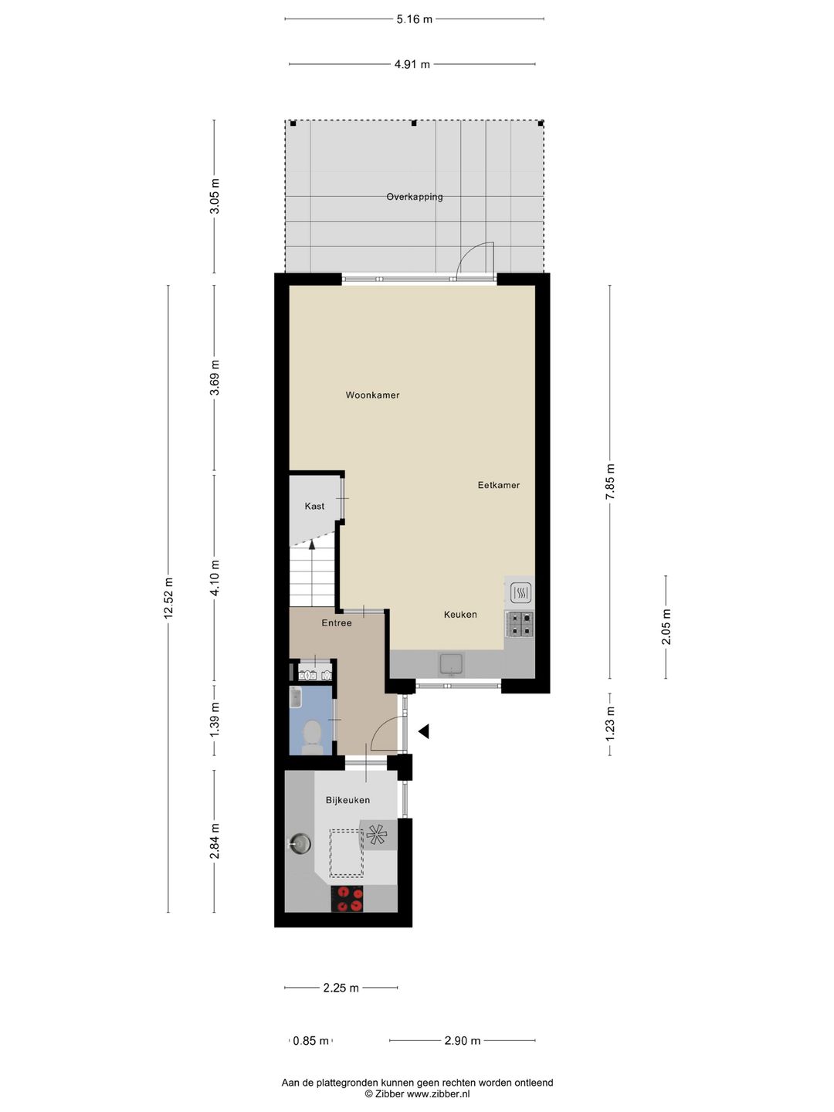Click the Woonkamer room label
pos(372,395)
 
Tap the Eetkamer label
pos(498,486)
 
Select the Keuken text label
pos(460,615)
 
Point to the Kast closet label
pos(314,507)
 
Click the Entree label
pos(337,623)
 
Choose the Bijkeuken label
pos(347,801)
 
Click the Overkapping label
pos(415,197)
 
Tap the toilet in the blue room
pos(313,736)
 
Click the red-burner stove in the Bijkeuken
pos(347,899)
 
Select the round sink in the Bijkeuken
pos(299,843)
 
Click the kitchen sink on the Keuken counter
pos(450,663)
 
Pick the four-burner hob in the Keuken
pos(520,624)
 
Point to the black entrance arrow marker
pos(423,731)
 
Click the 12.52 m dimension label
pos(168,598)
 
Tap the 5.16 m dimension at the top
pos(415,19)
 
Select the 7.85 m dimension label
pos(610,482)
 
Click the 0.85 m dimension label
pos(310,1041)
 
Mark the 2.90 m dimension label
pos(462,1041)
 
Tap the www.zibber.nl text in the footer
pos(438,1094)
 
